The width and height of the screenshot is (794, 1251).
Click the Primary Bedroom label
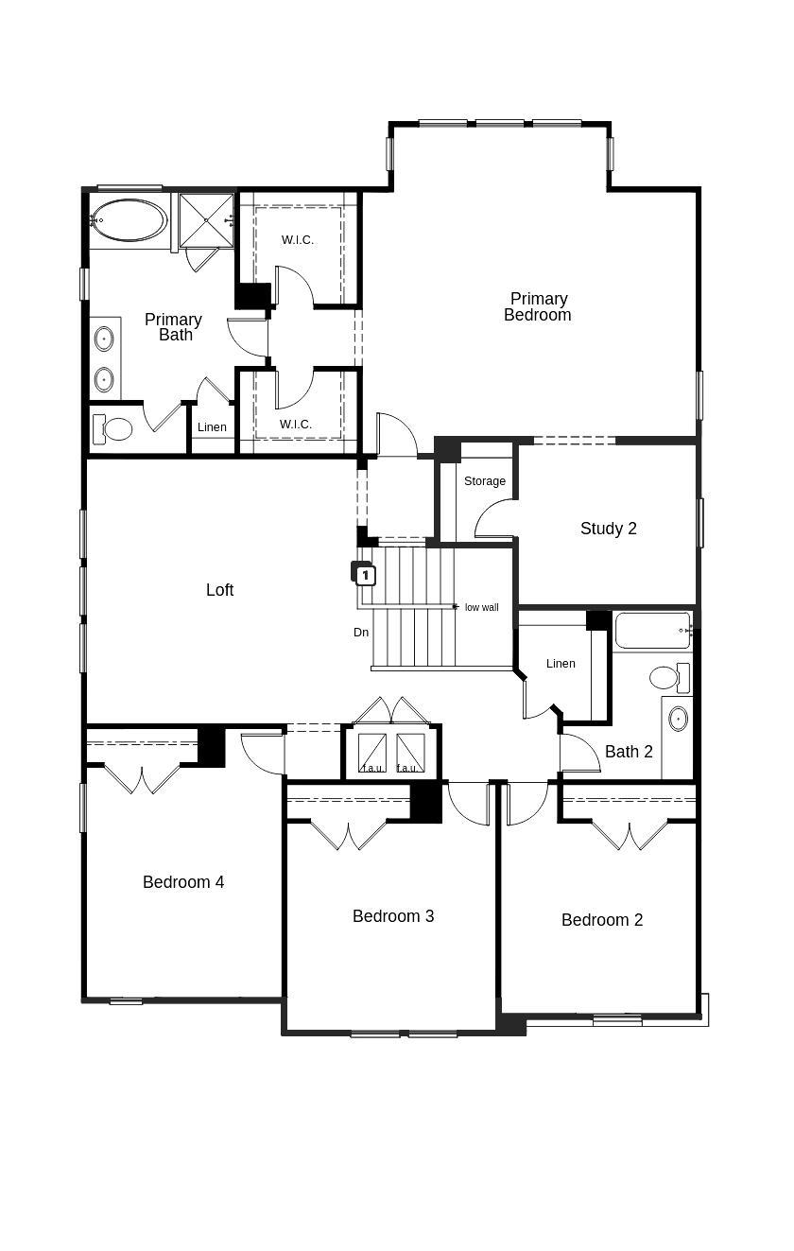tap(538, 307)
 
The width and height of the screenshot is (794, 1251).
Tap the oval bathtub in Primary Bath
tap(129, 220)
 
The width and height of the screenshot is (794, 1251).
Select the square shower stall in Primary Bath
tap(206, 220)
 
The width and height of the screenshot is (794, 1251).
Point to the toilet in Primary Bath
tap(113, 429)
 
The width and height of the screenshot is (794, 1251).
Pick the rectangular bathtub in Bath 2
tap(652, 631)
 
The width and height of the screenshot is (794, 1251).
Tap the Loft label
tap(219, 590)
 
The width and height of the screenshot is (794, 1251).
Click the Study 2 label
tap(608, 529)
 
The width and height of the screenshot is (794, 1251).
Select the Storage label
tap(484, 481)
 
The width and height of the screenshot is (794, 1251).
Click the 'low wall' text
tap(481, 607)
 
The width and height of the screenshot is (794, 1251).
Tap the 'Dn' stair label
tap(361, 633)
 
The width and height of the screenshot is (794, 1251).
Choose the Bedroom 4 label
tap(183, 882)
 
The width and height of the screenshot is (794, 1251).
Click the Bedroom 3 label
tap(393, 916)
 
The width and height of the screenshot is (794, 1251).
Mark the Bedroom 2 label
tap(602, 920)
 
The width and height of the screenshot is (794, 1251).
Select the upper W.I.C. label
tap(297, 240)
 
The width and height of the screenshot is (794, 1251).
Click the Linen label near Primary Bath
tap(212, 427)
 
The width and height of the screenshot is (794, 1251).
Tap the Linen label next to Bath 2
tap(561, 664)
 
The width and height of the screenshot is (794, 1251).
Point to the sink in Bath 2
tap(678, 719)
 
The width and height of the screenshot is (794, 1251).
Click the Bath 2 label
tap(629, 753)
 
